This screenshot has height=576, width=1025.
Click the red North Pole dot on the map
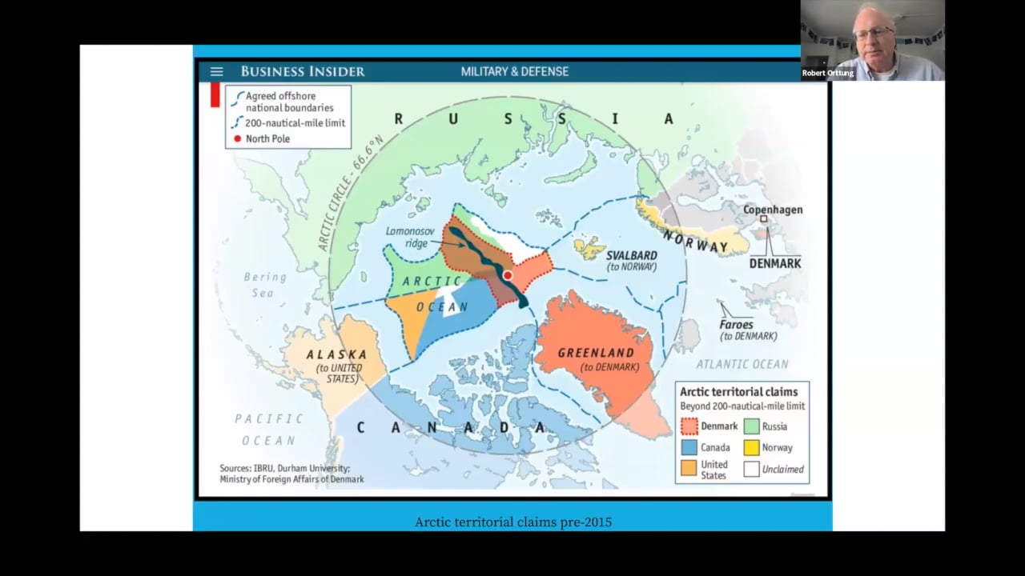click(x=507, y=275)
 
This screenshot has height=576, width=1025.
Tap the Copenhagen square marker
click(x=763, y=218)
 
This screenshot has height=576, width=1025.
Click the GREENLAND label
click(x=595, y=353)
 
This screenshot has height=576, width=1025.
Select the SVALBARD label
click(x=631, y=256)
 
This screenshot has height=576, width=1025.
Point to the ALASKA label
click(x=336, y=354)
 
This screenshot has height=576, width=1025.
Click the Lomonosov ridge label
click(x=410, y=237)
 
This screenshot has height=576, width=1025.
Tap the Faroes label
click(x=736, y=325)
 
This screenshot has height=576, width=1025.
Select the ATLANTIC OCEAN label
click(x=742, y=364)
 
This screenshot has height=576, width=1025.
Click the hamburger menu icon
click(x=216, y=72)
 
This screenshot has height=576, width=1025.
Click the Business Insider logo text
click(x=303, y=72)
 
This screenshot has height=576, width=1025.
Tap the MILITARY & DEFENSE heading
click(x=514, y=72)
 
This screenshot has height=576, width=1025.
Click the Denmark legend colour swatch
click(x=689, y=426)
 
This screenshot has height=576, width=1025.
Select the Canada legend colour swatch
click(x=689, y=448)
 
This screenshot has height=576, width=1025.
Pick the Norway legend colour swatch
click(x=751, y=448)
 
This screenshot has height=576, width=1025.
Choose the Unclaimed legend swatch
click(x=751, y=470)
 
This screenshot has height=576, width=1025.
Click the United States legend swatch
click(x=689, y=470)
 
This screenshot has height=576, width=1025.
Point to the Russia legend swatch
click(x=751, y=426)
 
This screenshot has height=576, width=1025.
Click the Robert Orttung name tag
click(x=828, y=74)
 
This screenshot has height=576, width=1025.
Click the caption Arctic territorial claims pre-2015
click(x=512, y=522)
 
